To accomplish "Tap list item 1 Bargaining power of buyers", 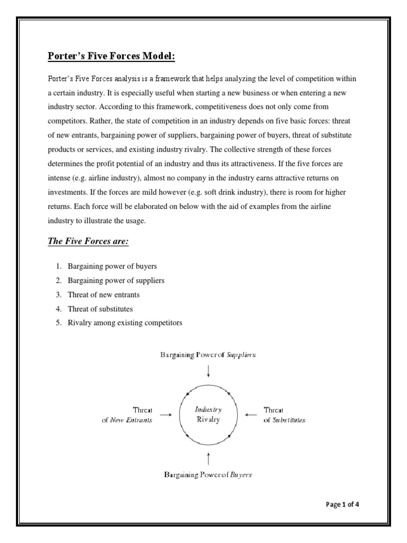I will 112,266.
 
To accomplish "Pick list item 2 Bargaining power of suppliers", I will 116,281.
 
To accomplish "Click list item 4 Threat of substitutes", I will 100,309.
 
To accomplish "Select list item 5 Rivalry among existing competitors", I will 125,322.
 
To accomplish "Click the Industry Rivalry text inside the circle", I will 208,414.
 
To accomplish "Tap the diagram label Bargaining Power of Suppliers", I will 208,355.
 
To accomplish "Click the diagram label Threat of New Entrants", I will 127,415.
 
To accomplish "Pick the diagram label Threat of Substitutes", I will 284,415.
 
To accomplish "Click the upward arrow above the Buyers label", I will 208,458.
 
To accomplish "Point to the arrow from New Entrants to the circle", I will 166,415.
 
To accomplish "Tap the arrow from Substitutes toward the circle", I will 251,415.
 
